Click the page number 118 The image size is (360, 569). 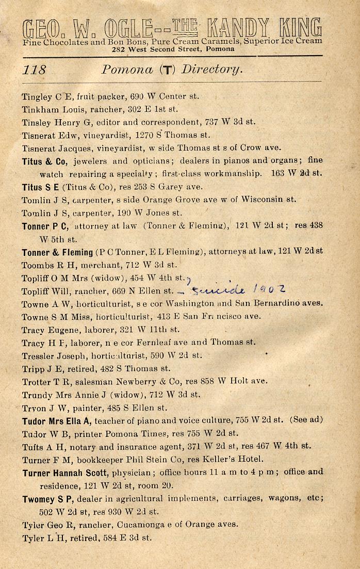point(35,70)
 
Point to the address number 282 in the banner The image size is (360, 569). point(119,49)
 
